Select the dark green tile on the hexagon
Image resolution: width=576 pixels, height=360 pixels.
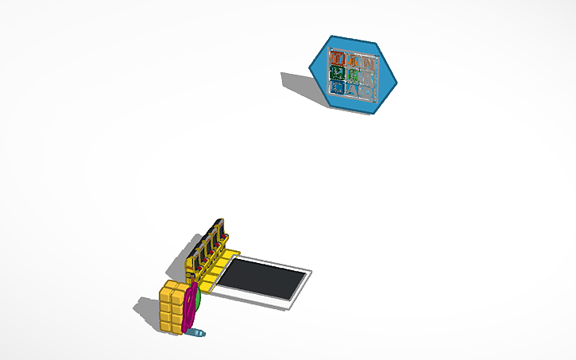tap(336, 75)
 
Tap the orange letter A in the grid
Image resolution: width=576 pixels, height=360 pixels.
tap(352, 61)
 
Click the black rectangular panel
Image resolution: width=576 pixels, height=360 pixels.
tap(262, 279)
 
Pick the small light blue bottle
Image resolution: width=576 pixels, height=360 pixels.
tap(198, 332)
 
